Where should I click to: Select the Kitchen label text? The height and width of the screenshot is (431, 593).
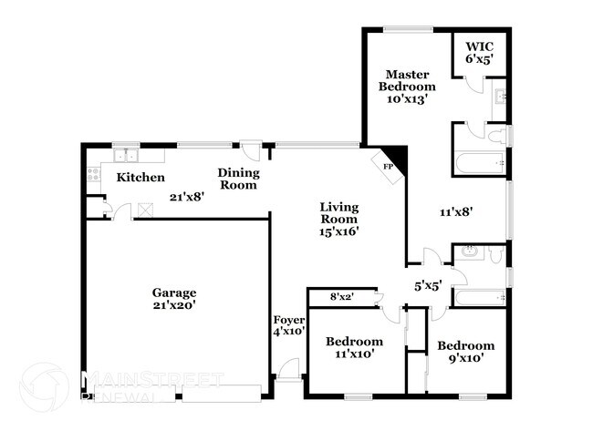click(x=140, y=178)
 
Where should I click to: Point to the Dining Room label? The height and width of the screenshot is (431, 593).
click(x=238, y=179)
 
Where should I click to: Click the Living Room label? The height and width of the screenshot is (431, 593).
click(x=338, y=219)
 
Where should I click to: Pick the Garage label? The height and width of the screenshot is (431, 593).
click(x=174, y=299)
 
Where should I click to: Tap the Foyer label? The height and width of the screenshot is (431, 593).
click(x=289, y=326)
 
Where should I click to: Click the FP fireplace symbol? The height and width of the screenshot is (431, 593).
click(x=388, y=167)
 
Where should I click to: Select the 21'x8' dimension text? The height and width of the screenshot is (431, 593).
click(x=187, y=195)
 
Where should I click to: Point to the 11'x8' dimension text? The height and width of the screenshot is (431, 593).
click(x=456, y=211)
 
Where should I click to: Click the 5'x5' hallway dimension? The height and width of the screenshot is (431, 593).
click(x=428, y=285)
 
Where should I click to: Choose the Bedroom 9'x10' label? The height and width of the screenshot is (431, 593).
click(x=465, y=352)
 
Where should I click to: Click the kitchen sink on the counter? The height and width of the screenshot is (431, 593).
click(x=125, y=155)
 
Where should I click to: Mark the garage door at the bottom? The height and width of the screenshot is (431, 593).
click(x=221, y=393)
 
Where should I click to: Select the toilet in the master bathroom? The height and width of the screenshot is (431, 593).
click(x=497, y=137)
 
